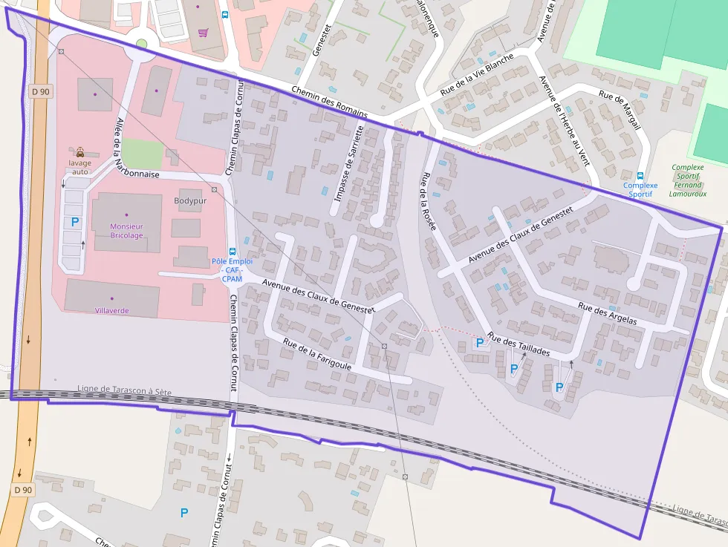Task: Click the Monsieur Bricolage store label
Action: click(126, 230)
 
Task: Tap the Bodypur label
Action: click(189, 200)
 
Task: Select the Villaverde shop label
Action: click(112, 310)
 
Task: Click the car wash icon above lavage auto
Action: click(79, 151)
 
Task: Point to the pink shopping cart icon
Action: click(203, 33)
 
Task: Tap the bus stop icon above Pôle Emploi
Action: click(233, 251)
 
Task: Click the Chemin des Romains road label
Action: click(330, 102)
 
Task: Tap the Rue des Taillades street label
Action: click(519, 344)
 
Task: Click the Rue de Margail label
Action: click(620, 111)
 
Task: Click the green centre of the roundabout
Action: click(141, 44)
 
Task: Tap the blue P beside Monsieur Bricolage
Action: click(74, 222)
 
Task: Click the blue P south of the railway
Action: click(184, 512)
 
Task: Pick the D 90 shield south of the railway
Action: click(23, 490)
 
